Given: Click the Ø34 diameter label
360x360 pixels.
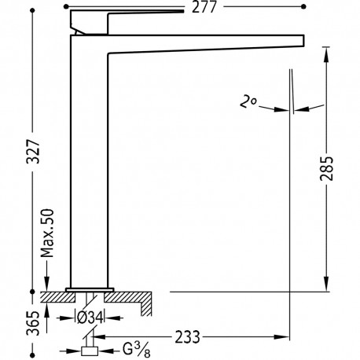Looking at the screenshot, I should coord(93,318).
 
